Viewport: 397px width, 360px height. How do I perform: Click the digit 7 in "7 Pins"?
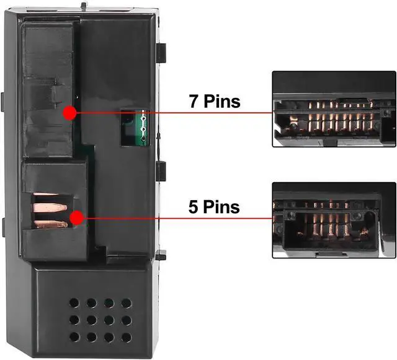194,101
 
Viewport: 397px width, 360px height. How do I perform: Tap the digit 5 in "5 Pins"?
194,206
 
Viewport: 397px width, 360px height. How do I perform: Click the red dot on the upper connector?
69,113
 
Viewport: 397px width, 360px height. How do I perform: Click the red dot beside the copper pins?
77,217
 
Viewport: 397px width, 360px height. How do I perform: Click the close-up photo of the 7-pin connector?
334,108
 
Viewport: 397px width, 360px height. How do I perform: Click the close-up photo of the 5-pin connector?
334,220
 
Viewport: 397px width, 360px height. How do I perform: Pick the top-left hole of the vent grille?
74,304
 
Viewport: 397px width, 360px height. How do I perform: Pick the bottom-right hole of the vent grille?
126,338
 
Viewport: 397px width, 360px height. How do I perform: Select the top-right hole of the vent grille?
126,304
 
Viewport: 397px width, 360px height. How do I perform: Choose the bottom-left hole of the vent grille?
74,338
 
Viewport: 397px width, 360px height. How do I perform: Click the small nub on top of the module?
84,6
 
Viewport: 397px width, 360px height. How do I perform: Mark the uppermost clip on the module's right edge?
161,53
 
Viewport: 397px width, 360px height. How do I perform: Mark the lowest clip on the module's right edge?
161,254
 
